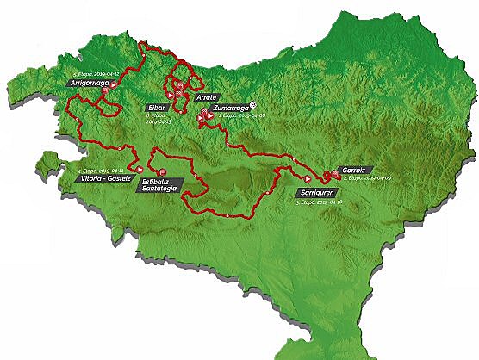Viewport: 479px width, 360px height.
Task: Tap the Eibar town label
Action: pos(157,108)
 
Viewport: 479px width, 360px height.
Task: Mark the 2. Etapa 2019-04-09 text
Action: pos(362,178)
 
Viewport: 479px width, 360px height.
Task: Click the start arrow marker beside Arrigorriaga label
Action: pos(114,84)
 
